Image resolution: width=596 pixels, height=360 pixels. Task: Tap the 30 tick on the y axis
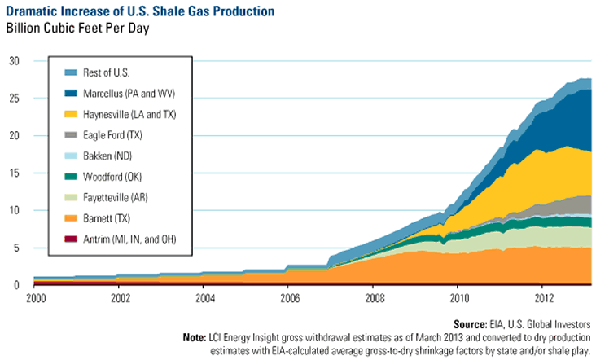pyautogui.click(x=15, y=61)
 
